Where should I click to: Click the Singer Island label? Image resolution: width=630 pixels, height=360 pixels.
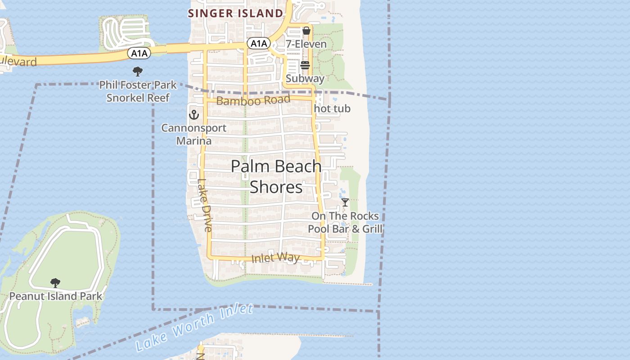[235, 13]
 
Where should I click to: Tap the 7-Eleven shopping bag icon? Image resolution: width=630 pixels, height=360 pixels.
[306, 31]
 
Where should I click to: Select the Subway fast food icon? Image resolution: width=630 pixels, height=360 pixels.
[305, 65]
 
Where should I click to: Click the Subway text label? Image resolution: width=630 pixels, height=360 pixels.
[305, 78]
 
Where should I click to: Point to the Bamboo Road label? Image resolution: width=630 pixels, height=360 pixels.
[253, 100]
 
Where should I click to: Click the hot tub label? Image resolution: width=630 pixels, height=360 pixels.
[332, 109]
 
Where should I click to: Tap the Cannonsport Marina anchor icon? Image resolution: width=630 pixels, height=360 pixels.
[194, 115]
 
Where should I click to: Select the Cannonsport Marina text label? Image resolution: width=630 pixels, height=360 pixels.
[194, 134]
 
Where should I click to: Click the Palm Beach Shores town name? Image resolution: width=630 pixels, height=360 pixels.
[276, 176]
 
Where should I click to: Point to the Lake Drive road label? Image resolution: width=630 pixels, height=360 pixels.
[204, 205]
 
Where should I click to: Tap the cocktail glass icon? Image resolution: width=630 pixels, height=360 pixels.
[345, 202]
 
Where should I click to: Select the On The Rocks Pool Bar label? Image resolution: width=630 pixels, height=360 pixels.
[345, 222]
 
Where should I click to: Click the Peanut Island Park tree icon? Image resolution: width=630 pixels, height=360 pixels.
[55, 283]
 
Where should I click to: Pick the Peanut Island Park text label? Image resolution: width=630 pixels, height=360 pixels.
[56, 296]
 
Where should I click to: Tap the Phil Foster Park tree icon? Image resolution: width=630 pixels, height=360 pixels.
[138, 71]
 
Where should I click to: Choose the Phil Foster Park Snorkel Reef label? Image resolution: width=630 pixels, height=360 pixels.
[138, 91]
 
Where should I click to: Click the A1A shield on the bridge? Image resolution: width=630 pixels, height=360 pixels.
[139, 54]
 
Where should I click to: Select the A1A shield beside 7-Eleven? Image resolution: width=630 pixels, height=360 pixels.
[259, 44]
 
